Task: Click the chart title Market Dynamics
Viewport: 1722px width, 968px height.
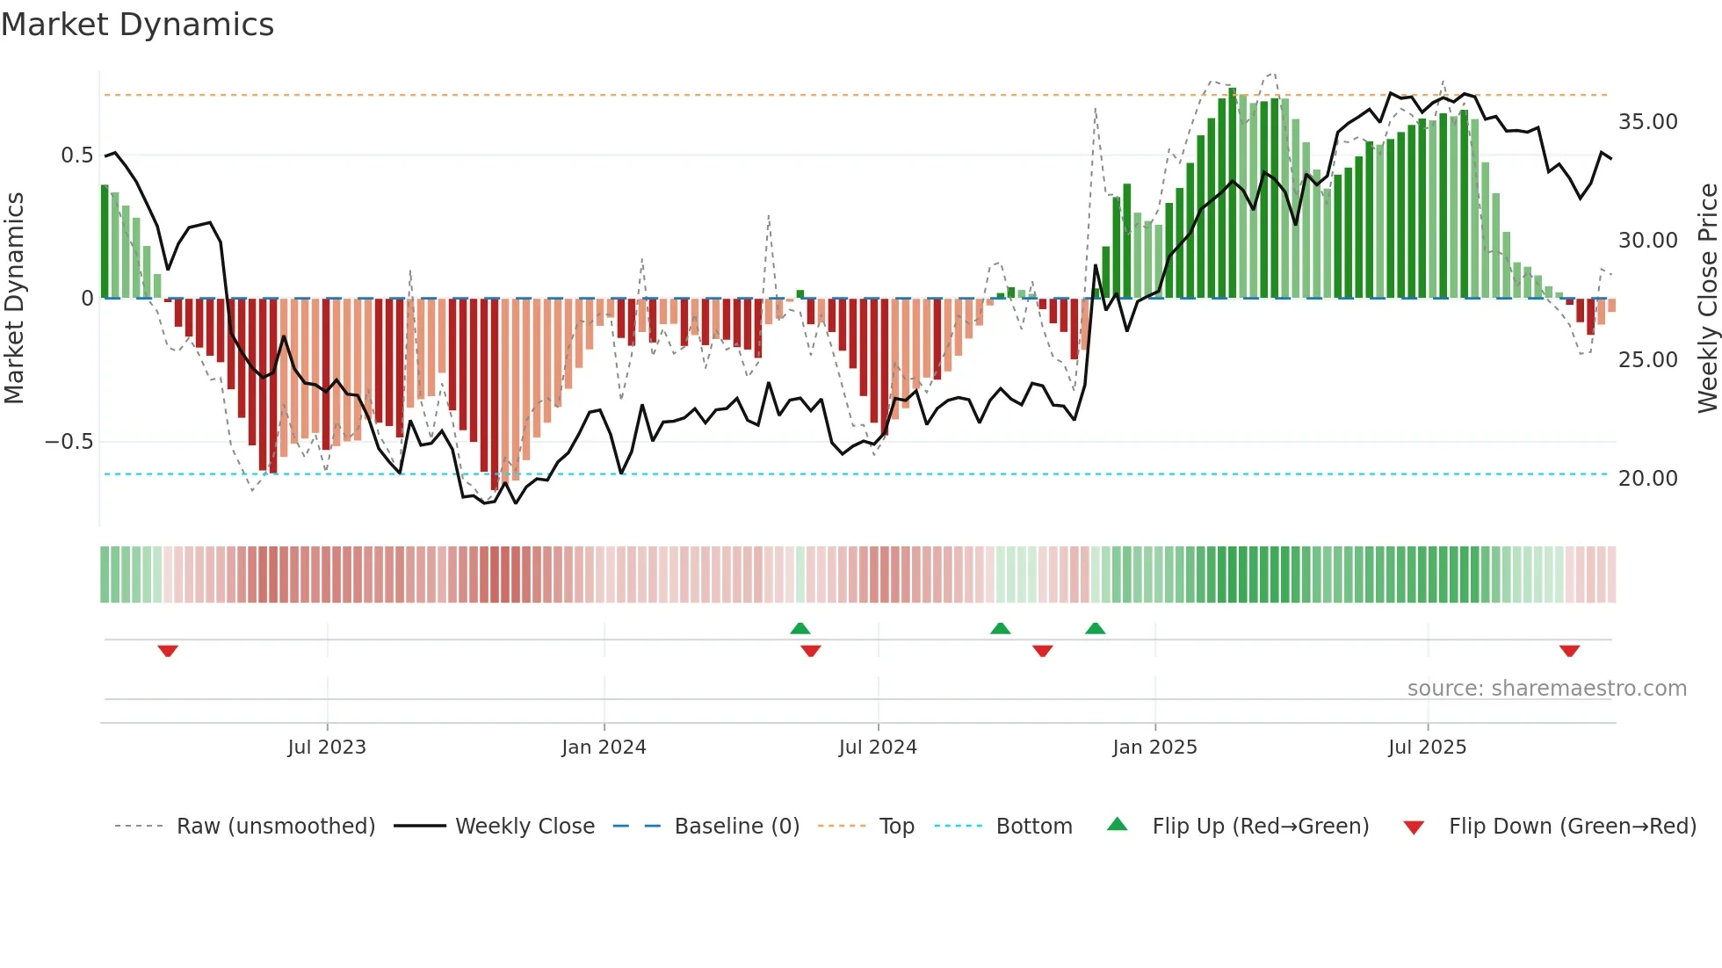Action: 137,25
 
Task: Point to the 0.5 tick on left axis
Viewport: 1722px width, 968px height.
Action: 76,155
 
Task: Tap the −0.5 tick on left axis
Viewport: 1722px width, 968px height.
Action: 69,442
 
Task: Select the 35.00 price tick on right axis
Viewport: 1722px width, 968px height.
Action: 1647,122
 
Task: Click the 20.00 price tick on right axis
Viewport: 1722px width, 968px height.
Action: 1647,479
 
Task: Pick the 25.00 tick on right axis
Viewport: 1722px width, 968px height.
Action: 1647,360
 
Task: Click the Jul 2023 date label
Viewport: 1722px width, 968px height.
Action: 327,748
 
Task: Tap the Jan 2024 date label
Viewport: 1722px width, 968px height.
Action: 604,748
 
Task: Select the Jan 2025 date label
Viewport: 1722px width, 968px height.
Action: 1154,748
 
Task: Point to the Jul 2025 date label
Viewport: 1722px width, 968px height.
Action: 1427,748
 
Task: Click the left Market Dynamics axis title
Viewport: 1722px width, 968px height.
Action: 14,299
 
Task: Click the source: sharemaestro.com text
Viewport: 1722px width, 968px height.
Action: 1546,689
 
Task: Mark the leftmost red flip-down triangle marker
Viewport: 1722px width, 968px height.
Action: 168,651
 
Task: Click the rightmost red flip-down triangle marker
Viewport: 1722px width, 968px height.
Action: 1569,651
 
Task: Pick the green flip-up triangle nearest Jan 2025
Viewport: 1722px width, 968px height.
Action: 1095,629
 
